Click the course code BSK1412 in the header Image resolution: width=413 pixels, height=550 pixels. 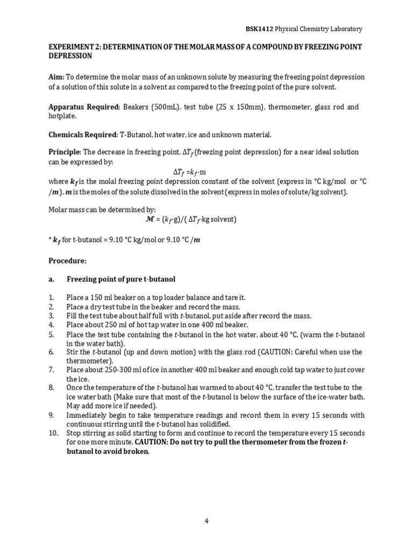257,28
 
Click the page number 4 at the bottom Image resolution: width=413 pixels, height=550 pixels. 206,520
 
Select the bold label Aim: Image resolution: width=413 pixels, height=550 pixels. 57,77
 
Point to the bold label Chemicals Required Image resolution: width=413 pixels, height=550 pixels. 82,134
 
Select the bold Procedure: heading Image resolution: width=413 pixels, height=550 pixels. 67,260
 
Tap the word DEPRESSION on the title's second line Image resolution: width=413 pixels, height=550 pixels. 70,56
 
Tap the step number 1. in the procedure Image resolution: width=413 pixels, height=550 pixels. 52,297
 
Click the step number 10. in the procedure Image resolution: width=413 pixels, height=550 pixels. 53,433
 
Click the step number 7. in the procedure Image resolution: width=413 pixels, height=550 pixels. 52,370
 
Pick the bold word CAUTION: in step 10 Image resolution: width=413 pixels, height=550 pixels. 153,442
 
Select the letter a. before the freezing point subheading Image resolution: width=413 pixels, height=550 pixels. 52,279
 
